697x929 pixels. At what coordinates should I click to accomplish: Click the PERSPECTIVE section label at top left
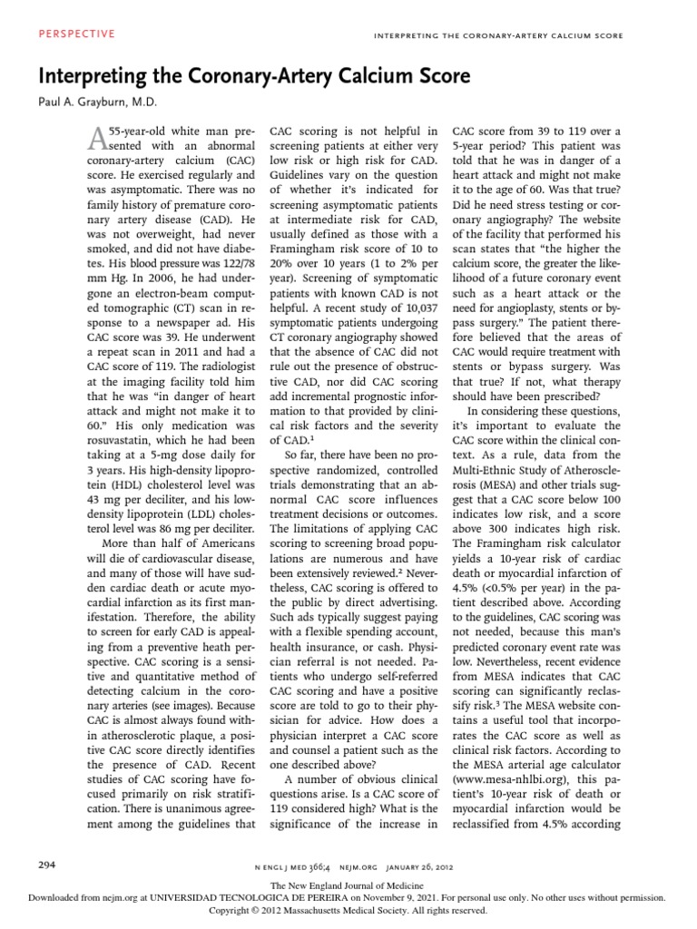point(77,34)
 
